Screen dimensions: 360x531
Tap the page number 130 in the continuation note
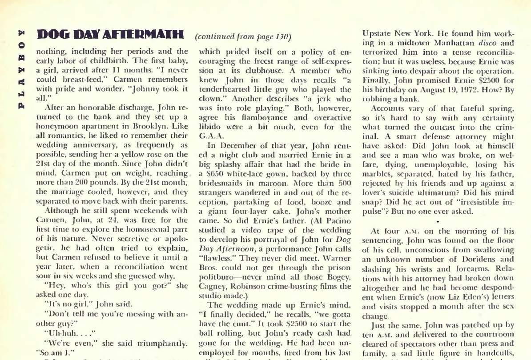pos(281,36)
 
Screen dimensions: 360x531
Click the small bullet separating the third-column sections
pos(438,220)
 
